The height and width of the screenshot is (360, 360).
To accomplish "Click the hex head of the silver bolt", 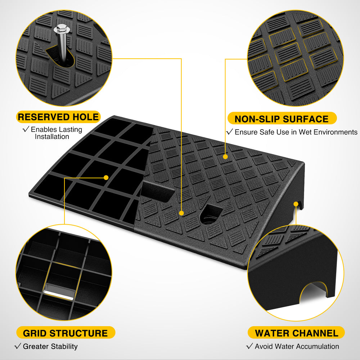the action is pyautogui.click(x=62, y=29).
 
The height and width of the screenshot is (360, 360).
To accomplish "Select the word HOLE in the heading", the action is pyautogui.click(x=86, y=117).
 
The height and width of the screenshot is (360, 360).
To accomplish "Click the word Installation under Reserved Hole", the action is pyautogui.click(x=52, y=136).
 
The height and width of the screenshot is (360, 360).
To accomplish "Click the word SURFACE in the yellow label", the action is pyautogui.click(x=306, y=119).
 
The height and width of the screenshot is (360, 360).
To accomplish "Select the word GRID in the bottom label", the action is pyautogui.click(x=35, y=333).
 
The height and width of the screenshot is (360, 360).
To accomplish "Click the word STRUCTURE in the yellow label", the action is pyautogui.click(x=78, y=333).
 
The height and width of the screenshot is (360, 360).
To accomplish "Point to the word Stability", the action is pyautogui.click(x=64, y=346).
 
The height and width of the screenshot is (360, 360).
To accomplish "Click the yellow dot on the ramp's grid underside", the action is pyautogui.click(x=106, y=177).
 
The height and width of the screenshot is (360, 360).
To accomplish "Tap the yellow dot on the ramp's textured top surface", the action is pyautogui.click(x=225, y=157).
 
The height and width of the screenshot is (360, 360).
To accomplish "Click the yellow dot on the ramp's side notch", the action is pyautogui.click(x=296, y=204).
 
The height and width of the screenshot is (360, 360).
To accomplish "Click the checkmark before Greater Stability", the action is pyautogui.click(x=18, y=346).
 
